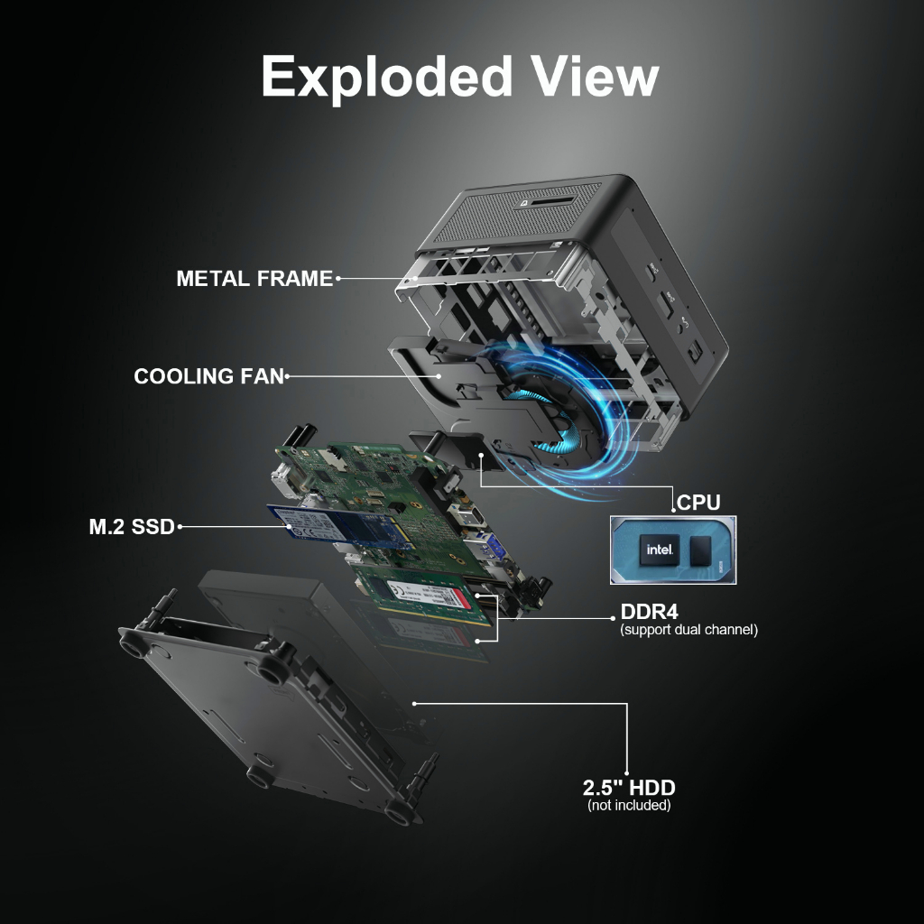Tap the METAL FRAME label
(254, 279)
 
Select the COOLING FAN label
(208, 376)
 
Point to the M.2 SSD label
(132, 527)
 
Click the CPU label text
(698, 503)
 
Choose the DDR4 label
(649, 612)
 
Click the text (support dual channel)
(688, 630)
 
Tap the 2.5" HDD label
(629, 788)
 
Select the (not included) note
(629, 805)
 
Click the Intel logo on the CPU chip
(656, 549)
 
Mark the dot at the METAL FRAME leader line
(338, 279)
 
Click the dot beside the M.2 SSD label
(180, 526)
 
